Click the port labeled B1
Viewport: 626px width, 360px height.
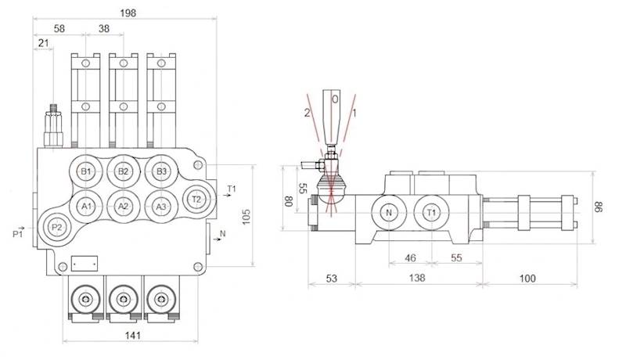87,171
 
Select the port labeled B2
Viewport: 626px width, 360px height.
123,171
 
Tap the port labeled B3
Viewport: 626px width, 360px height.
160,171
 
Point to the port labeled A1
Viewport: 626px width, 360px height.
87,206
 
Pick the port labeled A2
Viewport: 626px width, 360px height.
123,206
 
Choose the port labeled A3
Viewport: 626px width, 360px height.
160,206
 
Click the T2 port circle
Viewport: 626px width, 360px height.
196,199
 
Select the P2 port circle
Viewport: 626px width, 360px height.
56,227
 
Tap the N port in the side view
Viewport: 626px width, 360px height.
389,212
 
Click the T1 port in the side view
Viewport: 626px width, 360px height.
431,212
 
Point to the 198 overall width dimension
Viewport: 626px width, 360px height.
128,13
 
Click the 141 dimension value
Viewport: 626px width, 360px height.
132,337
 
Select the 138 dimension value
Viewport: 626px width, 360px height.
417,278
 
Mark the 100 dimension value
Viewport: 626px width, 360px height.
529,278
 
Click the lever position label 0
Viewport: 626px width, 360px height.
334,100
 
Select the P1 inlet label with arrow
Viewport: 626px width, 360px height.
19,232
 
